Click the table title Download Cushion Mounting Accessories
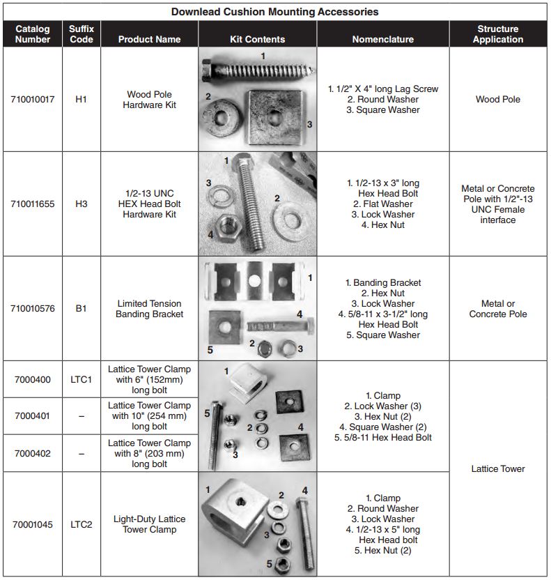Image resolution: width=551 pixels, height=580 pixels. (x=275, y=11)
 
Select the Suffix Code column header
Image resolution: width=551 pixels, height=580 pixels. (x=81, y=34)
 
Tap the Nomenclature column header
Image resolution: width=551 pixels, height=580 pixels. (x=382, y=39)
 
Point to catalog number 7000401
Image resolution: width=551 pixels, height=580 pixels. (x=32, y=416)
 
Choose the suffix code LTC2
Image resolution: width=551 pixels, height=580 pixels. (x=81, y=524)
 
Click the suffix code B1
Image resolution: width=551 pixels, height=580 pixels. (x=81, y=309)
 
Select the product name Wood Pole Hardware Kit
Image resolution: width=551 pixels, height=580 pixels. (x=149, y=100)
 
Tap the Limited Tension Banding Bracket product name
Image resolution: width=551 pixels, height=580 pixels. (x=149, y=309)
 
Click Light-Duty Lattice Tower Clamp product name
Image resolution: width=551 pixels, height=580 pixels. (x=149, y=524)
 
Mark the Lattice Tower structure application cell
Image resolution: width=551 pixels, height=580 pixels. (x=497, y=468)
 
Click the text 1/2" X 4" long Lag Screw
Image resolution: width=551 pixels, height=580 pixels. (x=382, y=89)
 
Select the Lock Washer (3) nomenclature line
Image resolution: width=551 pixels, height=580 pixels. (x=382, y=406)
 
